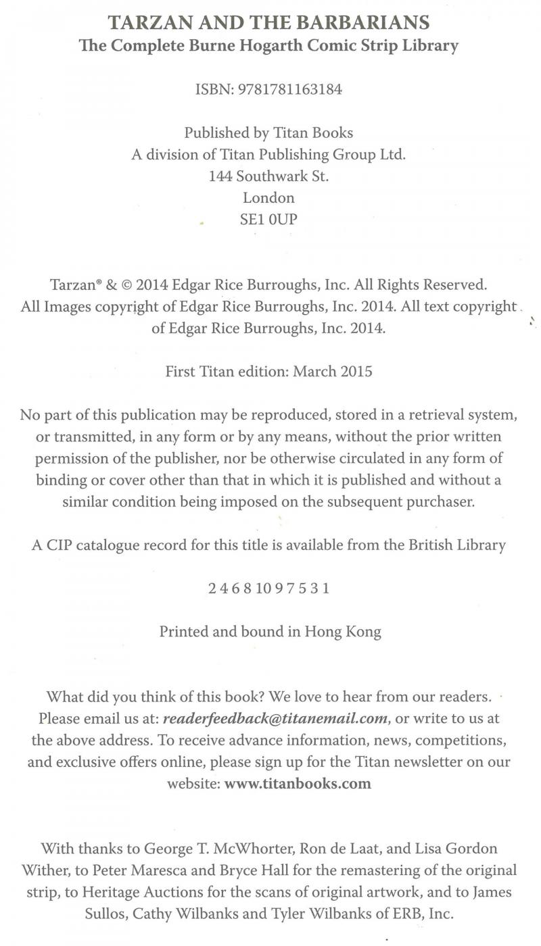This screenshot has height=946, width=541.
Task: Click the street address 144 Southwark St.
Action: point(269,176)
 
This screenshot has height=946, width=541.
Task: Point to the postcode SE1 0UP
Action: point(268,219)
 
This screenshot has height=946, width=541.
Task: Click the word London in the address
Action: point(268,197)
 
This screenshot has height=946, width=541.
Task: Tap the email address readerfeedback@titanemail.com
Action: point(275,718)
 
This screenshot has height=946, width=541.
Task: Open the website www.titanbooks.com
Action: point(298,784)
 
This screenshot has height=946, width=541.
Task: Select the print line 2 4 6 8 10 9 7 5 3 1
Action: point(268,588)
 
